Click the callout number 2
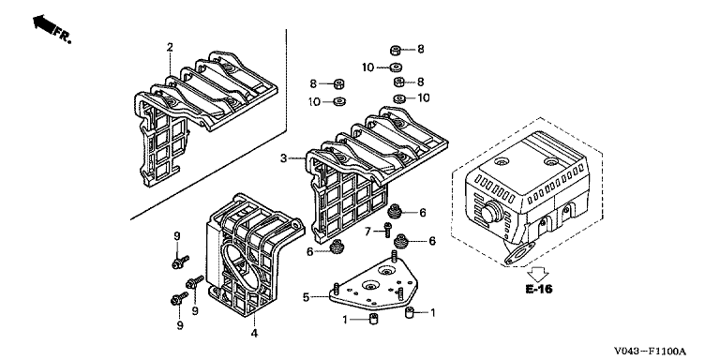click(x=170, y=47)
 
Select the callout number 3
click(x=284, y=158)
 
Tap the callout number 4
click(x=254, y=334)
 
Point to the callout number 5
click(x=306, y=297)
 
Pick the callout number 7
click(x=367, y=232)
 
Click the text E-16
click(x=539, y=290)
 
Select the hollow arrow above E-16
click(x=538, y=273)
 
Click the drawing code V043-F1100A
click(x=651, y=352)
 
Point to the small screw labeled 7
click(x=388, y=229)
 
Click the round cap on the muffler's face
click(x=491, y=213)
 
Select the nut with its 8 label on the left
click(x=338, y=84)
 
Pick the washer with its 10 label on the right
click(x=399, y=98)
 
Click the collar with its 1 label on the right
click(x=410, y=313)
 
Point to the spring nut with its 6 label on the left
click(x=337, y=247)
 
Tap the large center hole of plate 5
click(x=371, y=286)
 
